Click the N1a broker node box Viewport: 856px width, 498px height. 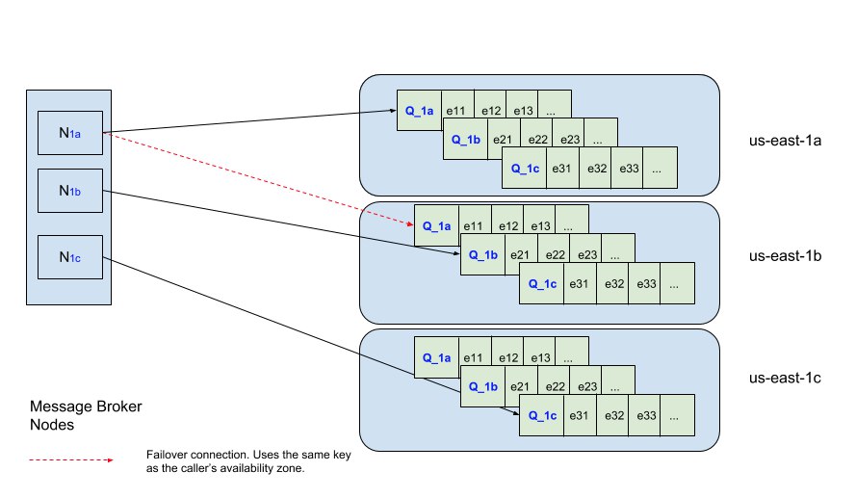pos(70,133)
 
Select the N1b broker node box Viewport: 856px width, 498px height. pos(70,191)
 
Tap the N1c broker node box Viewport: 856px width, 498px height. pos(70,257)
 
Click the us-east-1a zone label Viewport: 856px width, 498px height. pos(785,141)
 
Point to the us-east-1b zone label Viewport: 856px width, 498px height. pos(785,256)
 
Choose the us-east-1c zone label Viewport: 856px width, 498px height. pos(785,378)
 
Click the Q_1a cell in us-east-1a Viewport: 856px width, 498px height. pos(419,111)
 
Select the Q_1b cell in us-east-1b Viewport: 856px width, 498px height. pos(482,254)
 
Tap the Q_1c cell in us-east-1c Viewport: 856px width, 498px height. pos(541,415)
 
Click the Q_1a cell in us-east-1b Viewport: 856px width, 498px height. pos(437,225)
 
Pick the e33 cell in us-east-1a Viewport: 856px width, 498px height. pos(628,168)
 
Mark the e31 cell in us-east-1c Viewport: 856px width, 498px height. pos(580,415)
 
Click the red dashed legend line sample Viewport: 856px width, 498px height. pos(71,460)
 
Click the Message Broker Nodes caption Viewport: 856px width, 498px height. pos(86,415)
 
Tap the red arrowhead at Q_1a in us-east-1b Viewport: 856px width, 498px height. pos(410,223)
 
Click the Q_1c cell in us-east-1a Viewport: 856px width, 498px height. pos(524,168)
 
